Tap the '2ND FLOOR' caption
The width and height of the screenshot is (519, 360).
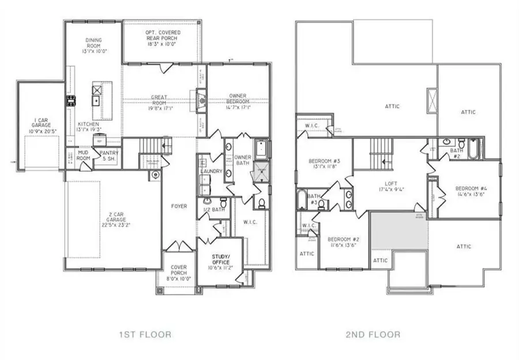[373, 334]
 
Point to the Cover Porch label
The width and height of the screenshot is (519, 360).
[178, 271]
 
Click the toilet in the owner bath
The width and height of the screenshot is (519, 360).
[260, 202]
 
